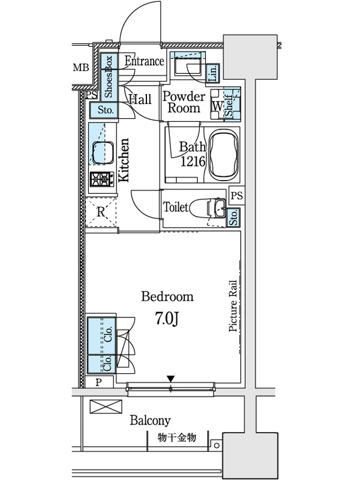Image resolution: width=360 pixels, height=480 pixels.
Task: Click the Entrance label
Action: [144, 61]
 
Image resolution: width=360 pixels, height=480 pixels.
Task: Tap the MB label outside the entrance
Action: [81, 67]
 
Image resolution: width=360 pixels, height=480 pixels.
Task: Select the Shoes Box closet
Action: [109, 76]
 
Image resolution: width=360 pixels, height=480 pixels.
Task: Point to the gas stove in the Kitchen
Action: [100, 179]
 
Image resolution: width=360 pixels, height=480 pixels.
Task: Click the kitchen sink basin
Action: [103, 152]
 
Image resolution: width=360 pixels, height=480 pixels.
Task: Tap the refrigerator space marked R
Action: [101, 212]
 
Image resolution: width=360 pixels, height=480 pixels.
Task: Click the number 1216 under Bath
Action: [193, 161]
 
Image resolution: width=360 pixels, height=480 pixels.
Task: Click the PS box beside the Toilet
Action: [237, 195]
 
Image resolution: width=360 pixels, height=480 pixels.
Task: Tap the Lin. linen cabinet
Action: [214, 73]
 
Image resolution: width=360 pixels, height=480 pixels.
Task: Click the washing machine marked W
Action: [217, 104]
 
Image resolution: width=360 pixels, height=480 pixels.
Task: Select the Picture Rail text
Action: [233, 306]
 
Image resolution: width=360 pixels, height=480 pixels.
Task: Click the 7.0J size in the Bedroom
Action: [167, 319]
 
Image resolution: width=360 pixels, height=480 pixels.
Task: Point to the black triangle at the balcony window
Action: [170, 379]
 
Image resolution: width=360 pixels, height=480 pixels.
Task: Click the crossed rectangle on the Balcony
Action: [106, 407]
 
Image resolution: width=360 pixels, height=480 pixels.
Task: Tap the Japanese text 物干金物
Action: [177, 438]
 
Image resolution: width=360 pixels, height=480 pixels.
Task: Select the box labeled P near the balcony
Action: [98, 382]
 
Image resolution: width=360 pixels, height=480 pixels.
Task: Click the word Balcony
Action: [151, 421]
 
